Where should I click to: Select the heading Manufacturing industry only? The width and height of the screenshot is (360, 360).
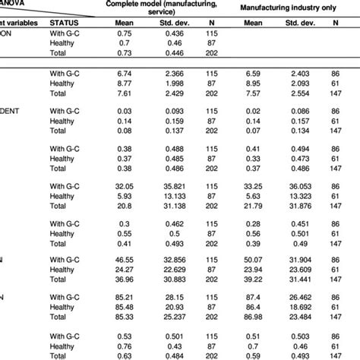276,8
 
